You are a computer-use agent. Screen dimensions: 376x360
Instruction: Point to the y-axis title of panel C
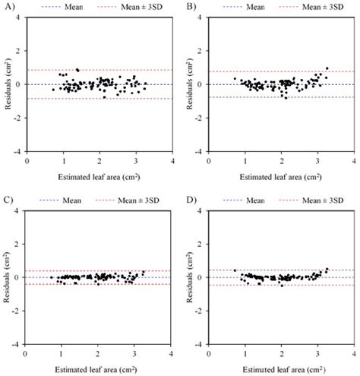click(7, 277)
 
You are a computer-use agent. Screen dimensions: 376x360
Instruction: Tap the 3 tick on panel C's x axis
click(134, 354)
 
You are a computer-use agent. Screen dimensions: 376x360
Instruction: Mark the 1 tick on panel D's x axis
click(245, 354)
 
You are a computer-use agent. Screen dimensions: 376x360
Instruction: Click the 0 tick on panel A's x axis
click(27, 160)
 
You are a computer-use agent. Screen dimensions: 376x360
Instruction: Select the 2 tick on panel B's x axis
click(281, 160)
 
